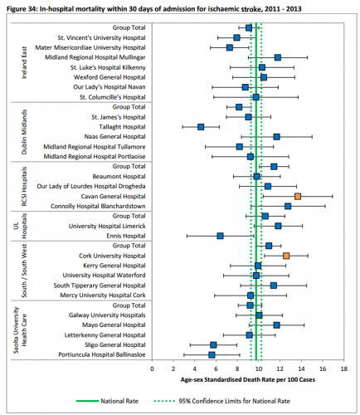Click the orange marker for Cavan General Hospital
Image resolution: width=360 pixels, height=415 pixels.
[298, 196]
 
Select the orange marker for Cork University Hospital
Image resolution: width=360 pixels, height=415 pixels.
[286, 256]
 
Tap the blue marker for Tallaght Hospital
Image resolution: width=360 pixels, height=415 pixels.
[201, 127]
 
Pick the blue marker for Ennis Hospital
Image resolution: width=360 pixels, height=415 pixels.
[221, 236]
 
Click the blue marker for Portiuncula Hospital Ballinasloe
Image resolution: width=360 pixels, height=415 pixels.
[212, 354]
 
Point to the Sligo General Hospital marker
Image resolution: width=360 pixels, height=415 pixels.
[213, 344]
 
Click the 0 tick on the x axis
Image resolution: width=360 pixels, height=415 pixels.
[173, 368]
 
